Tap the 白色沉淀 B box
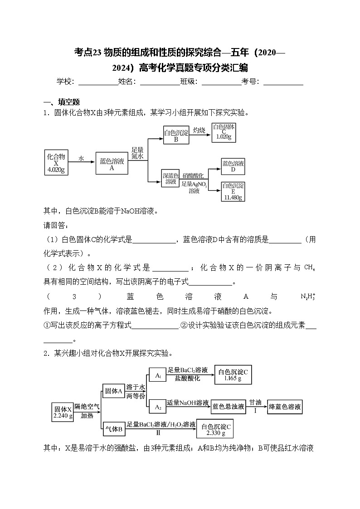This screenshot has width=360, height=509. tap(175, 135)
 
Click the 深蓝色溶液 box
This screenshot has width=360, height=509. tap(170, 179)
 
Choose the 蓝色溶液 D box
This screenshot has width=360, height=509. tap(233, 166)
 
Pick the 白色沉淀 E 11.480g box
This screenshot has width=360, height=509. tap(233, 191)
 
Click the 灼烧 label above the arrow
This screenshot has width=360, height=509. tap(199, 131)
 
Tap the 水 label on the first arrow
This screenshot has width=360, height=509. tap(81, 158)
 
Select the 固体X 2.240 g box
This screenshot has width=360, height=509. tap(63, 412)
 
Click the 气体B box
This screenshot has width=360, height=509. tap(114, 428)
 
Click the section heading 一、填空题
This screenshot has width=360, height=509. tap(61, 102)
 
